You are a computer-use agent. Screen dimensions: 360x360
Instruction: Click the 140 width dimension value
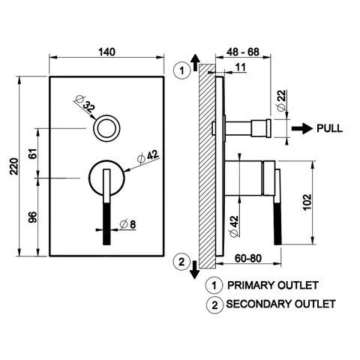[106, 52]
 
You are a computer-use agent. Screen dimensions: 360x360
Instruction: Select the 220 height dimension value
[14, 166]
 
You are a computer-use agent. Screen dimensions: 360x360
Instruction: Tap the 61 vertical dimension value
[33, 154]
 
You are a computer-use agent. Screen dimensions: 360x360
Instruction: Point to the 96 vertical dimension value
[33, 217]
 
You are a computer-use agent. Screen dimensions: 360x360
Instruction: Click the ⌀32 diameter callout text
[85, 104]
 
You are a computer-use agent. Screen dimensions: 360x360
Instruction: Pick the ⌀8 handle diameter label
[128, 224]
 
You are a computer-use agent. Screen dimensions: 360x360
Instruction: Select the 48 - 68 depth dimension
[243, 52]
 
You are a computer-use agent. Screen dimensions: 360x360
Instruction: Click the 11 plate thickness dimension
[241, 67]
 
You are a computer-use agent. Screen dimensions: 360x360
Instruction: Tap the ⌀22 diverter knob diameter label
[282, 100]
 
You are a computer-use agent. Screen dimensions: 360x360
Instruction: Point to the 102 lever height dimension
[307, 202]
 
